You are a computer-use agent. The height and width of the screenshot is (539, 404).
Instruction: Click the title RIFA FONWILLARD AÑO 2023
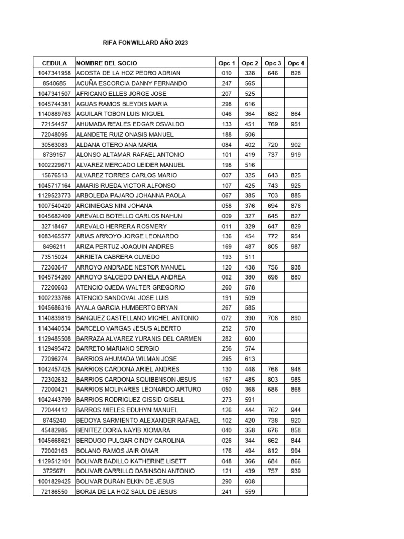[x=144, y=43]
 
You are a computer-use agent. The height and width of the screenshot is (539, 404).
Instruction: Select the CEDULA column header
[x=54, y=63]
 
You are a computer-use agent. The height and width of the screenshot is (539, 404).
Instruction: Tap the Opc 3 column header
[x=272, y=63]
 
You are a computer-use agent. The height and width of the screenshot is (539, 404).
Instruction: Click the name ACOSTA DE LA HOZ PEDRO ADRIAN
[x=128, y=73]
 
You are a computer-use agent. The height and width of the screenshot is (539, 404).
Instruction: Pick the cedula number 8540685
[x=54, y=83]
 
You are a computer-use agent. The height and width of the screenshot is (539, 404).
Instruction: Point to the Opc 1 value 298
[x=227, y=104]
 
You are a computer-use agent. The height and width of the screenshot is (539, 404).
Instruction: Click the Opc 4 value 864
[x=296, y=114]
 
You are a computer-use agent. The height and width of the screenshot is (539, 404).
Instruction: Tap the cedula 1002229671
[x=54, y=165]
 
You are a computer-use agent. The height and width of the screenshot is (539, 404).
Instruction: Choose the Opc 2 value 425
[x=250, y=185]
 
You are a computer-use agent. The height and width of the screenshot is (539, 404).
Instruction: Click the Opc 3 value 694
[x=272, y=205]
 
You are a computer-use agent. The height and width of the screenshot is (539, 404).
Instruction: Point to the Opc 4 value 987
[x=296, y=246]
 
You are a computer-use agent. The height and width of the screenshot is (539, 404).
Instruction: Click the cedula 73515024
[x=54, y=257]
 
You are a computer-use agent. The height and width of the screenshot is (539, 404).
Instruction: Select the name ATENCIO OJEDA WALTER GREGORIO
[x=130, y=287]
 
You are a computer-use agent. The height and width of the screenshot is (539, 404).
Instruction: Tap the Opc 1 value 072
[x=227, y=318]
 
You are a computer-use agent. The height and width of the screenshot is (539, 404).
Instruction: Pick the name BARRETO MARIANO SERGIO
[x=117, y=348]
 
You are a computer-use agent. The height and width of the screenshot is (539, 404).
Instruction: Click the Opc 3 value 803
[x=272, y=379]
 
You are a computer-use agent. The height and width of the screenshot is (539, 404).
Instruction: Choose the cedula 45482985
[x=54, y=430]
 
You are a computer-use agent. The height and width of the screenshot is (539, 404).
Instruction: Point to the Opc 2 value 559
[x=250, y=492]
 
